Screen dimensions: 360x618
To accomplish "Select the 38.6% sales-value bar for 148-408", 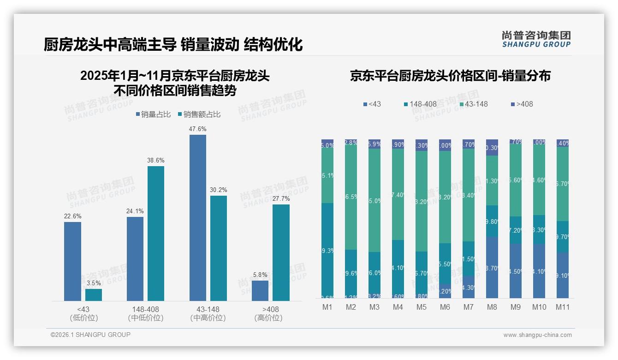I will pyautogui.click(x=156, y=234).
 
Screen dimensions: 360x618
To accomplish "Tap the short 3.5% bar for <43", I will pyautogui.click(x=94, y=295).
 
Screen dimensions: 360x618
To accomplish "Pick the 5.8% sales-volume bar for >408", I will pyautogui.click(x=260, y=291).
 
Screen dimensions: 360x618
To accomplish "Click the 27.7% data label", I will pyautogui.click(x=281, y=198).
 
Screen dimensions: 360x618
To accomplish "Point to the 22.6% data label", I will pyautogui.click(x=72, y=216).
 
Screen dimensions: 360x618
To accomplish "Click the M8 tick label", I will pyautogui.click(x=492, y=307).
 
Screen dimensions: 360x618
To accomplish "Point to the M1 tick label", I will pyautogui.click(x=327, y=307).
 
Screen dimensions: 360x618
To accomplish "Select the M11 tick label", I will pyautogui.click(x=562, y=307).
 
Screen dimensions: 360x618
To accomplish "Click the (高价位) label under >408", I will pyautogui.click(x=268, y=318).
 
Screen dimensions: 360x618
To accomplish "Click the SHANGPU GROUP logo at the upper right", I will pyautogui.click(x=536, y=39).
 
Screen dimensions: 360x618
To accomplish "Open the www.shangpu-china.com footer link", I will pyautogui.click(x=537, y=335).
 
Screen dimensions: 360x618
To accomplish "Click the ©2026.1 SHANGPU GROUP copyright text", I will pyautogui.click(x=90, y=335).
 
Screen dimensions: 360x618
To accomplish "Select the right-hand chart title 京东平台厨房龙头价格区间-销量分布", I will pyautogui.click(x=450, y=76).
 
